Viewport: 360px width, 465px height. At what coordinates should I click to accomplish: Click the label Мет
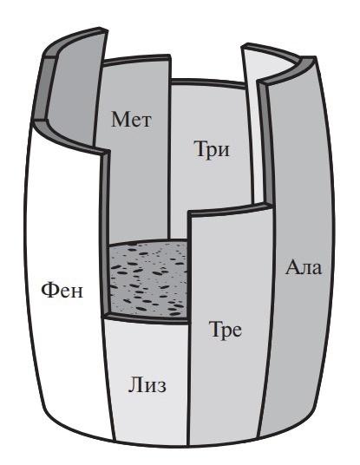click(x=131, y=120)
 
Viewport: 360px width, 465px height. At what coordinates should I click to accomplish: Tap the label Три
click(x=212, y=149)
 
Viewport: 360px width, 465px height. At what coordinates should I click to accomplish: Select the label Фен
click(x=62, y=290)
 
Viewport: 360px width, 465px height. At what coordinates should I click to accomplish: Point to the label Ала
click(x=304, y=267)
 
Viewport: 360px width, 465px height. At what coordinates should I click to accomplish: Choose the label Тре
click(x=226, y=330)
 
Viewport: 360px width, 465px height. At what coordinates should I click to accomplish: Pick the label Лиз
click(x=147, y=386)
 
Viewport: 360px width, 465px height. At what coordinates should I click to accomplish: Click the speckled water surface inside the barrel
click(x=148, y=278)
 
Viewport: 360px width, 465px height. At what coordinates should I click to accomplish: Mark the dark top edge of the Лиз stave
click(x=146, y=319)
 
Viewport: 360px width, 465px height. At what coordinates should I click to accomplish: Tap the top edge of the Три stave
click(x=208, y=82)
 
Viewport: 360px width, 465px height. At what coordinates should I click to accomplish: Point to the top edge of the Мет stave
click(x=137, y=60)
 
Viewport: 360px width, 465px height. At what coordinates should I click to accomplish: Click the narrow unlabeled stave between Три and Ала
click(x=253, y=125)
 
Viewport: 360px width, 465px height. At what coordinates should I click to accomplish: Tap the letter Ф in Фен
click(x=49, y=290)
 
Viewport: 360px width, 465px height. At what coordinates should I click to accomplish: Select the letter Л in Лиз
click(x=134, y=386)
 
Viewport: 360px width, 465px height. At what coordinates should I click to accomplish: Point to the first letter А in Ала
click(x=291, y=267)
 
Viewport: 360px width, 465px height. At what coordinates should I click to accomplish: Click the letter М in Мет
click(x=121, y=120)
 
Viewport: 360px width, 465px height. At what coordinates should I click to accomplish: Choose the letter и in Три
click(x=223, y=151)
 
